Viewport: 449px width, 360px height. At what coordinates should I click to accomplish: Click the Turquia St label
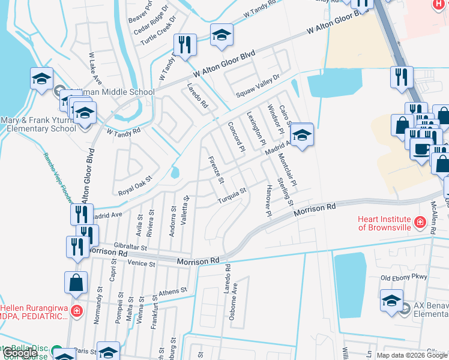pos(234,195)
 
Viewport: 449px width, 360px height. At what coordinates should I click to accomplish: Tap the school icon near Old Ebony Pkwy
pos(391,299)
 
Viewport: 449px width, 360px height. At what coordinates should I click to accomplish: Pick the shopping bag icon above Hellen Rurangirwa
pos(76,283)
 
